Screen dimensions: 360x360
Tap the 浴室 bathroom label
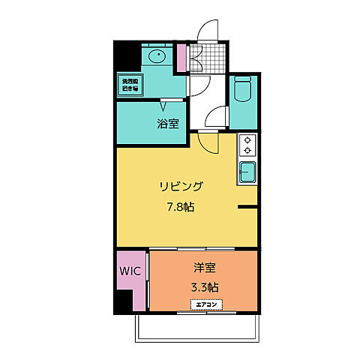(x=167, y=123)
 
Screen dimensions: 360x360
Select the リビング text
(x=180, y=186)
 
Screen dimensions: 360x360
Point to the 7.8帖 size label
(x=180, y=206)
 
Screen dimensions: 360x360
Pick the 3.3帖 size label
(x=204, y=286)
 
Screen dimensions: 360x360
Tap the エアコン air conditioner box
(x=205, y=304)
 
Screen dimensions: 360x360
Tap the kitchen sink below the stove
(x=247, y=173)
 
